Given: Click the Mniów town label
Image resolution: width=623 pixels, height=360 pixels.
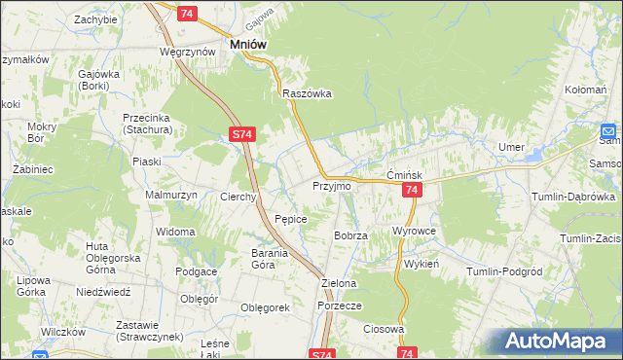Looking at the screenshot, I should click(248, 44).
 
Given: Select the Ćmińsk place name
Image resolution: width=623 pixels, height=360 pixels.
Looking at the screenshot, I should click(402, 174).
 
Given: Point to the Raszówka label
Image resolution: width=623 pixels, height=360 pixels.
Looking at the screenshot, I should click(308, 93).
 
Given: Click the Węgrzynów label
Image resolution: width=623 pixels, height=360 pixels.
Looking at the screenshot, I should click(187, 51).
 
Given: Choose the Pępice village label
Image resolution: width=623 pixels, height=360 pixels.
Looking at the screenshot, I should click(291, 219).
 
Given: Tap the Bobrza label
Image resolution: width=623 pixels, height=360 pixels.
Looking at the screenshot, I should click(350, 235).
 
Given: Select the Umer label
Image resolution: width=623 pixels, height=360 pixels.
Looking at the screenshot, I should click(511, 146).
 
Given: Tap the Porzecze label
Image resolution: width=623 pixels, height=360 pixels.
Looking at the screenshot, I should click(340, 305).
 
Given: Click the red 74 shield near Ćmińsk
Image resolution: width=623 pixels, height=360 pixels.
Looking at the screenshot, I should click(412, 191).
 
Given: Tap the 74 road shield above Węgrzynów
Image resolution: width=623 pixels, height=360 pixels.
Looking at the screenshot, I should click(188, 13).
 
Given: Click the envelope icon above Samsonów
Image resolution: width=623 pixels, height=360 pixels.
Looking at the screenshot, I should click(609, 131).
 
